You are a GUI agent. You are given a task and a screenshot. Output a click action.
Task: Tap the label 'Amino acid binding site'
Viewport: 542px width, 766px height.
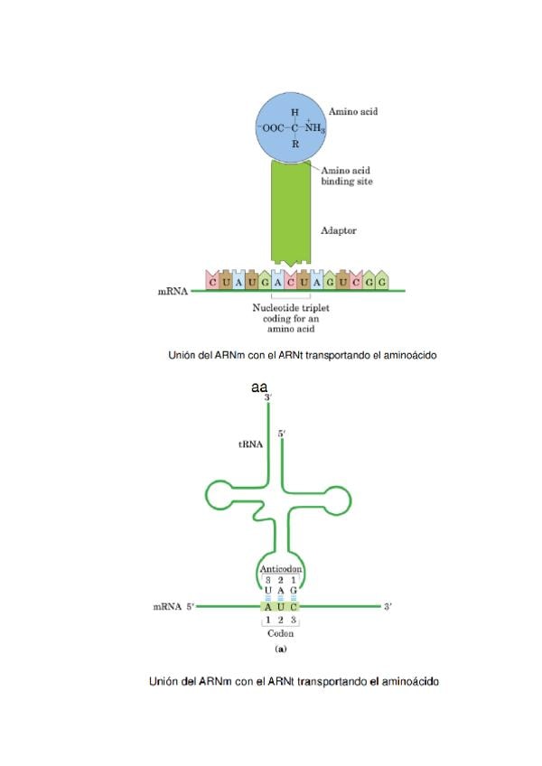(347, 175)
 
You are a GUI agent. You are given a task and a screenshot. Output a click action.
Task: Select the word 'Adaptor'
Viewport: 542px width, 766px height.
(339, 230)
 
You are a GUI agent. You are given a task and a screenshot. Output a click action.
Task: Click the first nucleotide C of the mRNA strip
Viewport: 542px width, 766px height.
(213, 282)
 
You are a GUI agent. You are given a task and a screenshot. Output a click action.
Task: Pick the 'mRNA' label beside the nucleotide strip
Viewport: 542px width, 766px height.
(173, 292)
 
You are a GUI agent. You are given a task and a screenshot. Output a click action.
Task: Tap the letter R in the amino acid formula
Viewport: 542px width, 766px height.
(294, 144)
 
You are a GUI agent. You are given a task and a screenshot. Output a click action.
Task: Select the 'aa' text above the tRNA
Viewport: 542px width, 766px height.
(262, 388)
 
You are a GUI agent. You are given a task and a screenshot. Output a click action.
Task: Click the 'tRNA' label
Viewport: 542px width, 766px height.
(250, 444)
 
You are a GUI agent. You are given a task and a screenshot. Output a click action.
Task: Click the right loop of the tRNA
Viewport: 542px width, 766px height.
(342, 494)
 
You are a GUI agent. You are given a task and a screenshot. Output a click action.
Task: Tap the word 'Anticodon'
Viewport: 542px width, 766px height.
(280, 569)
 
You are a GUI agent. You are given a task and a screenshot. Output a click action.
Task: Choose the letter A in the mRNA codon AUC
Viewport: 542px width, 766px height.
(268, 606)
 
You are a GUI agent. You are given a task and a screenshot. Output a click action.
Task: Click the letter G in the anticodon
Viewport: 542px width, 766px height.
(294, 590)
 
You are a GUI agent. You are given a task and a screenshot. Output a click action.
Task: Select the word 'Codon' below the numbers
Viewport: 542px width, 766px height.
(281, 633)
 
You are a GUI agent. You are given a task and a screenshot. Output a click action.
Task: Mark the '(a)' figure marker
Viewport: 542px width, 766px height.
(280, 649)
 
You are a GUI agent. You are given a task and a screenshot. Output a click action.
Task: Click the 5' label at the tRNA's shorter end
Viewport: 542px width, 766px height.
(283, 434)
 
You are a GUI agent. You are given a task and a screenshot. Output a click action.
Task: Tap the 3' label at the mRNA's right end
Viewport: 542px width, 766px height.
(388, 606)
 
